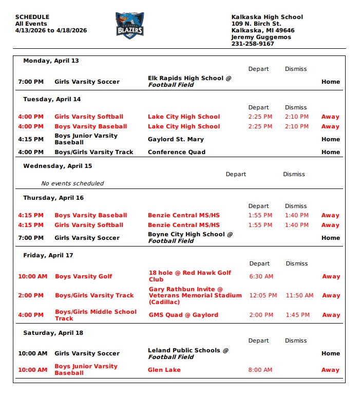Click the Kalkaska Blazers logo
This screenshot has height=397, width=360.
tap(129, 25)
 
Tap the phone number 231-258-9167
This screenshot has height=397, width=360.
tap(253, 44)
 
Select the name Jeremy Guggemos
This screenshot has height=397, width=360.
tap(261, 37)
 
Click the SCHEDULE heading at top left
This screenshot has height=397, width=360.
tap(32, 17)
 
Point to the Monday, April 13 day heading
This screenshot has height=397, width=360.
tap(51, 61)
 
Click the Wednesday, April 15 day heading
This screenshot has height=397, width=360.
tap(58, 166)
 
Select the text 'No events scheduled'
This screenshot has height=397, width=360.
tap(72, 183)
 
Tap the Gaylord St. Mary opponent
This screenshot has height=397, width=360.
tap(176, 139)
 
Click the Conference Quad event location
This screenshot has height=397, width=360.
tap(177, 152)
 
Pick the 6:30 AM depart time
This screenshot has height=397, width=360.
tap(261, 276)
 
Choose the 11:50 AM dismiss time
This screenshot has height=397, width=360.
tap(299, 295)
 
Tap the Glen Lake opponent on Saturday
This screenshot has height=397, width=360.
tap(164, 370)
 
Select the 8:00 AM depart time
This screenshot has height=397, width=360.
tap(261, 370)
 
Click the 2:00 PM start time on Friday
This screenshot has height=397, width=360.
tap(31, 295)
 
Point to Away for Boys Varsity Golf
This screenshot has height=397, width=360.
tap(331, 276)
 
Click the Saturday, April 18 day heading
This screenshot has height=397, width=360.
tap(53, 333)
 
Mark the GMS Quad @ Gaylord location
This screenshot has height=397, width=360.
tap(183, 315)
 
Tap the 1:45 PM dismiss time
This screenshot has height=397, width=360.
tap(297, 315)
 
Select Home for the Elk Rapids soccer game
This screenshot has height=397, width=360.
tap(331, 82)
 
